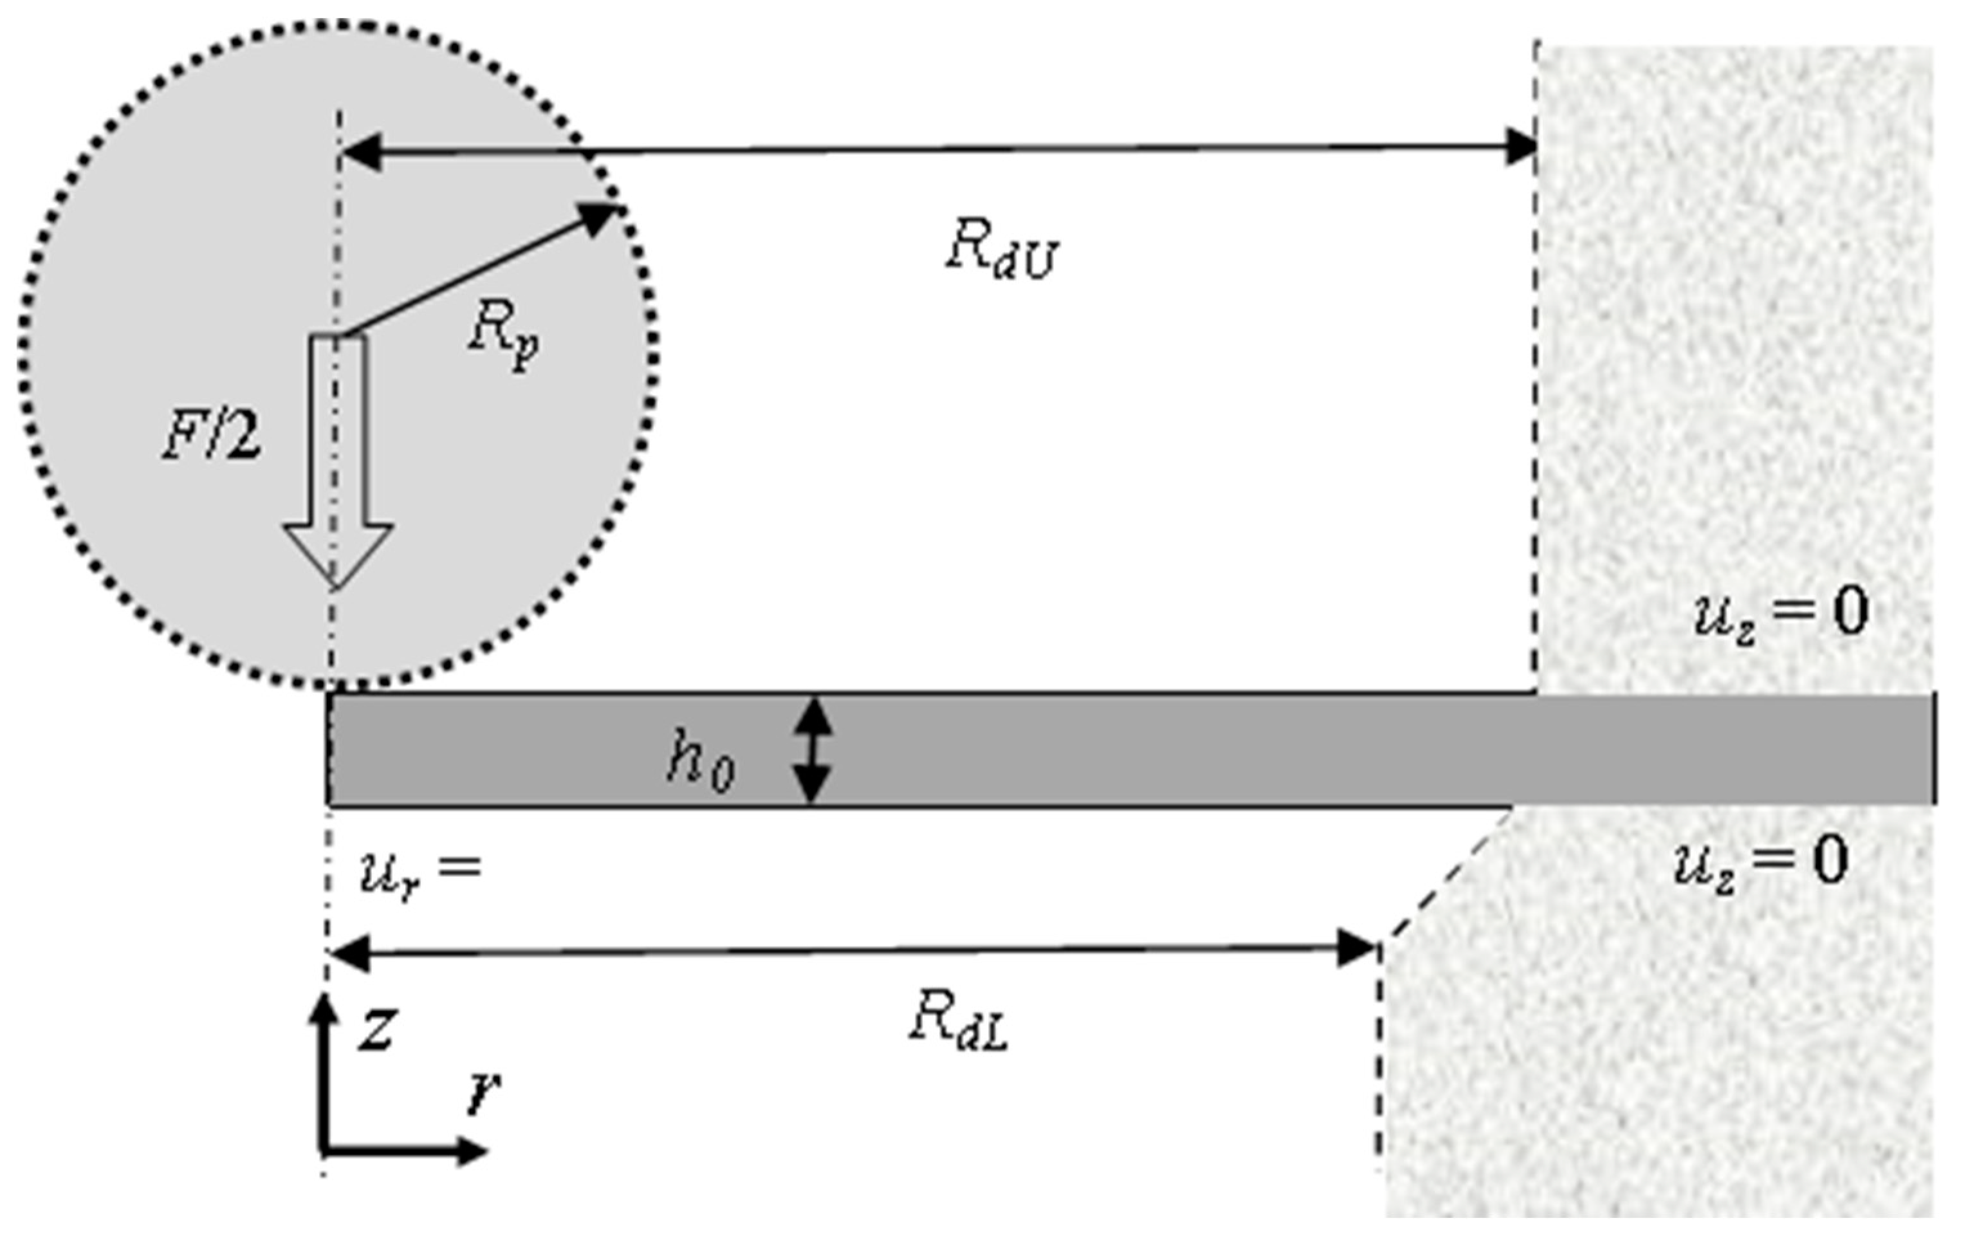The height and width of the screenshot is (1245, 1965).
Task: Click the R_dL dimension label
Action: tap(959, 1023)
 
